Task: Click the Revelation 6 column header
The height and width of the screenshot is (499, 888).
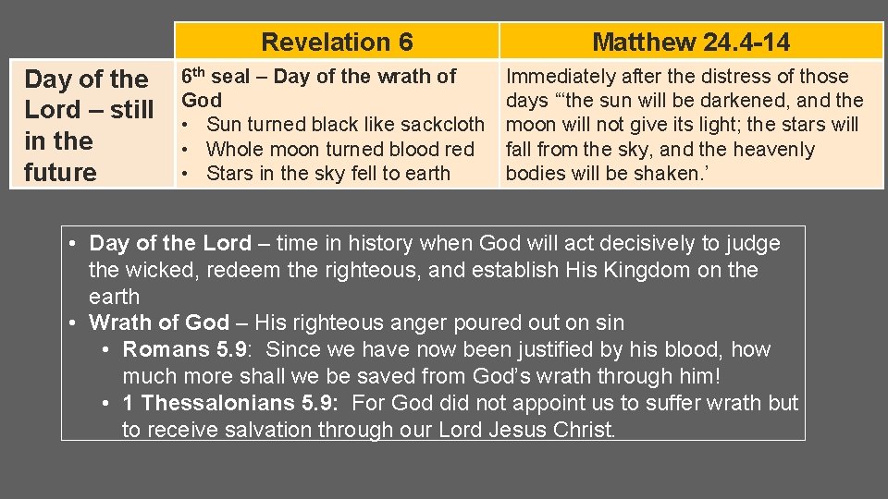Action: [337, 42]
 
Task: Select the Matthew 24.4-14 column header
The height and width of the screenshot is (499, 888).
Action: [691, 42]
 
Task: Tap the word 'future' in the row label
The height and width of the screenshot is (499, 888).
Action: [61, 172]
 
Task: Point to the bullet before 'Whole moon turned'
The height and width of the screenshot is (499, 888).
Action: [187, 149]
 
